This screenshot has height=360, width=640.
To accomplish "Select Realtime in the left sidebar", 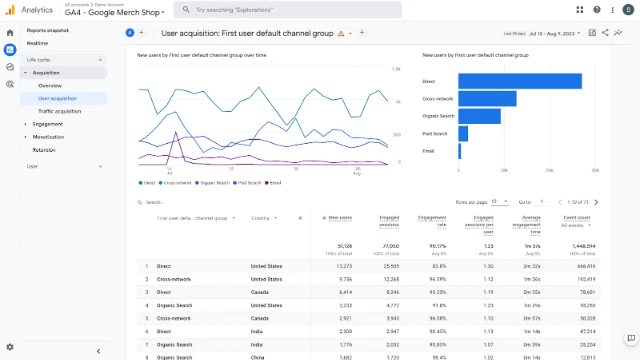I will click(x=37, y=44).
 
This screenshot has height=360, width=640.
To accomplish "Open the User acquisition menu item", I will click(x=59, y=98).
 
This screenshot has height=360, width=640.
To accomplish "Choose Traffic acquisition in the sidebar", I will click(x=60, y=111).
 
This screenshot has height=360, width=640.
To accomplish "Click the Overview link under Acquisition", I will click(x=50, y=86).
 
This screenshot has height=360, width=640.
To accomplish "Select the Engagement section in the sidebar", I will click(x=48, y=124).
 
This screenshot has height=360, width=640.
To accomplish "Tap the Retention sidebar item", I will click(x=44, y=149).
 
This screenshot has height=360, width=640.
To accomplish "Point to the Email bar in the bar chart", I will click(x=460, y=151).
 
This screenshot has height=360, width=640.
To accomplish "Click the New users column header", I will click(x=340, y=217).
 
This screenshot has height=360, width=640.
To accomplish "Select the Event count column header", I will click(x=577, y=217).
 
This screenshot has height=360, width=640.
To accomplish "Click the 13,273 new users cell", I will click(x=340, y=266).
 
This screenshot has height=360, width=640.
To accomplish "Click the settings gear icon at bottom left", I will click(x=10, y=346).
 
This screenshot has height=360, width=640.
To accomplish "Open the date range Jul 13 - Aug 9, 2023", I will click(x=557, y=32).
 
